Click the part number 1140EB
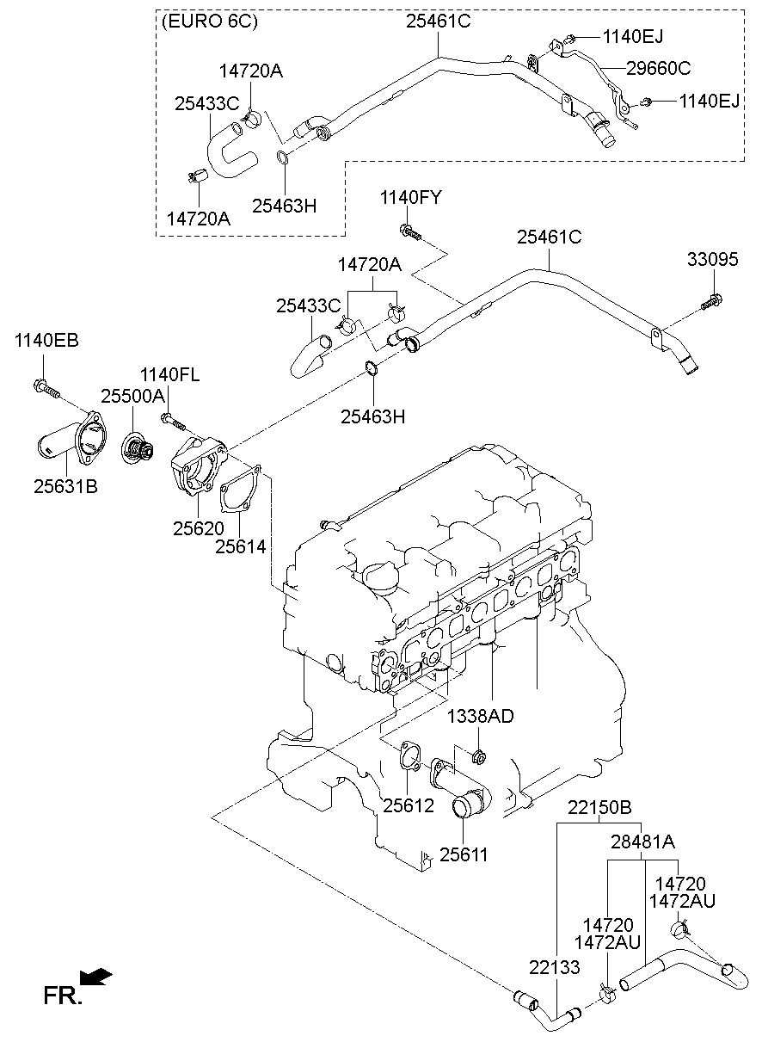coord(46,341)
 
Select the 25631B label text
coord(65,487)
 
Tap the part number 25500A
coord(132,396)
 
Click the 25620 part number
coord(198,528)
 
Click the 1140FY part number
coord(410,199)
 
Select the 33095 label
coord(712,260)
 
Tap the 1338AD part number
coord(480,716)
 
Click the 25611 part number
coord(464,854)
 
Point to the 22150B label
coord(599,807)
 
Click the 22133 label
coord(550,967)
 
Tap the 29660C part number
coord(658,68)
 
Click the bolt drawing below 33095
coord(711,302)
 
